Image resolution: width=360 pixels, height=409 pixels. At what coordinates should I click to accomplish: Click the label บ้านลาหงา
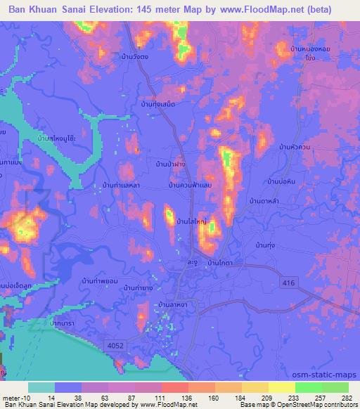click(172, 304)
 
